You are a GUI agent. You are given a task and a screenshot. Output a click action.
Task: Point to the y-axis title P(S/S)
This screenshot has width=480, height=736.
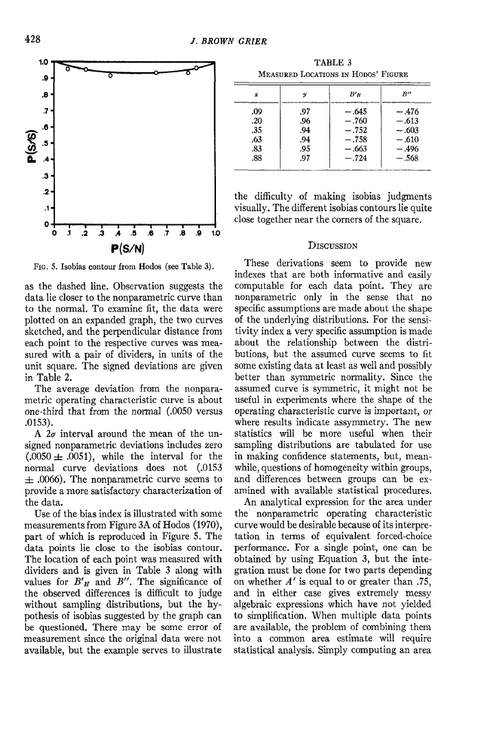point(25,144)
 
